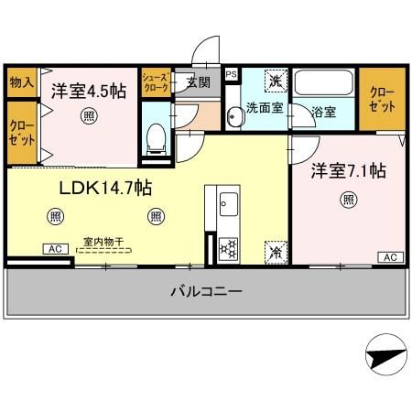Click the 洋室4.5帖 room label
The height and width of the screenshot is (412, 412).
coord(87,92)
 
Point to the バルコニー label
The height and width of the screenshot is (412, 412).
coord(205,292)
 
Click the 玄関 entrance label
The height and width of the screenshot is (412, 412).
coord(199,81)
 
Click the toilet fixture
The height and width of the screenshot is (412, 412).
coord(157,137)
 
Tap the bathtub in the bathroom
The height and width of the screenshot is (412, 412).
coord(325,85)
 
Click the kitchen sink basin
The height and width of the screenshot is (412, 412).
coord(226,202)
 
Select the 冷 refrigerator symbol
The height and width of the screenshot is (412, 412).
coord(274,249)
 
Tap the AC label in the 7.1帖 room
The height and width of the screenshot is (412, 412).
coord(388,256)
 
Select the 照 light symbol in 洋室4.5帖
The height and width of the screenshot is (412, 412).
coord(86,115)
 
